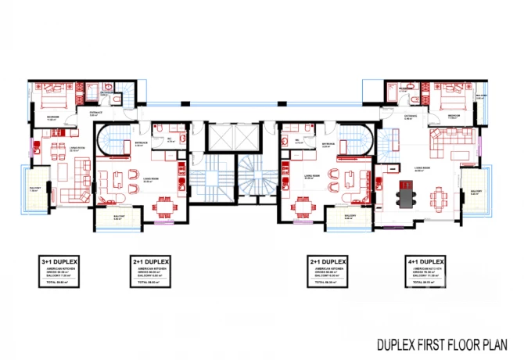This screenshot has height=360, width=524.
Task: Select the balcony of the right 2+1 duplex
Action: coord(349,219)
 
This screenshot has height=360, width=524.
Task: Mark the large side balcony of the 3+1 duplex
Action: coord(33,191)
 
